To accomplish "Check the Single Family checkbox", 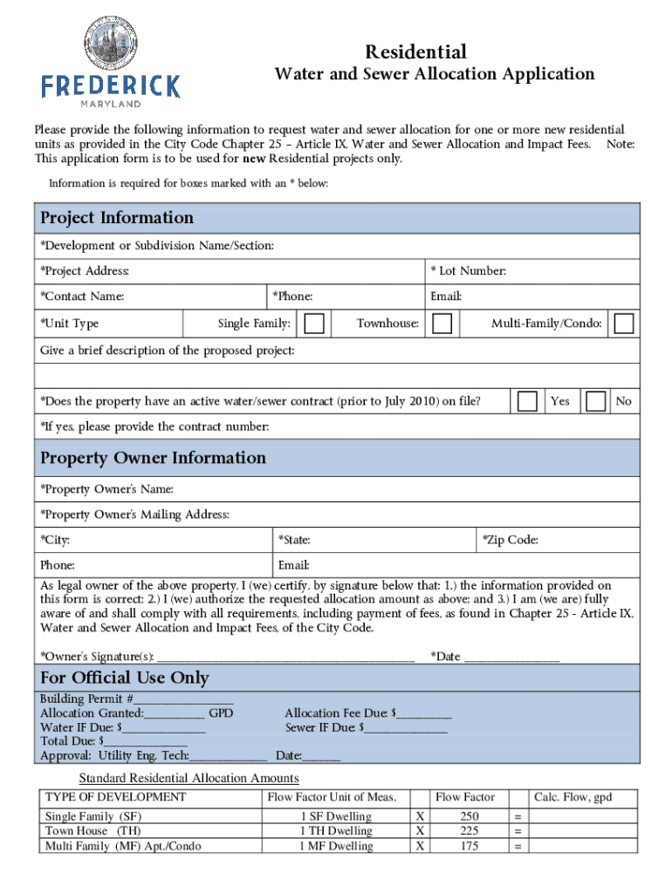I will (x=316, y=324).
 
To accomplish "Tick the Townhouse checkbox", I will (x=442, y=324).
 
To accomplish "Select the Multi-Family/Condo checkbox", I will (x=623, y=324).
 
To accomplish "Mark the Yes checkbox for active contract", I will (x=527, y=401).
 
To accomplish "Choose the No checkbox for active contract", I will (x=596, y=401).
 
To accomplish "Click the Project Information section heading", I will (x=117, y=218).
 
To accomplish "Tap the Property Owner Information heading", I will (x=153, y=458).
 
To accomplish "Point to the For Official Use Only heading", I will (x=125, y=678).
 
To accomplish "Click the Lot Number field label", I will (x=468, y=271).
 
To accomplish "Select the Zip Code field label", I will (x=511, y=540).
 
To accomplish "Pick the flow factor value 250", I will (x=470, y=817).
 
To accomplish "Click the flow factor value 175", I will (x=470, y=846).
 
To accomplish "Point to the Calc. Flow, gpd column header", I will (x=573, y=797).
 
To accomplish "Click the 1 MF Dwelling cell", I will (x=335, y=846).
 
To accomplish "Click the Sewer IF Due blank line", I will (x=406, y=728).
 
